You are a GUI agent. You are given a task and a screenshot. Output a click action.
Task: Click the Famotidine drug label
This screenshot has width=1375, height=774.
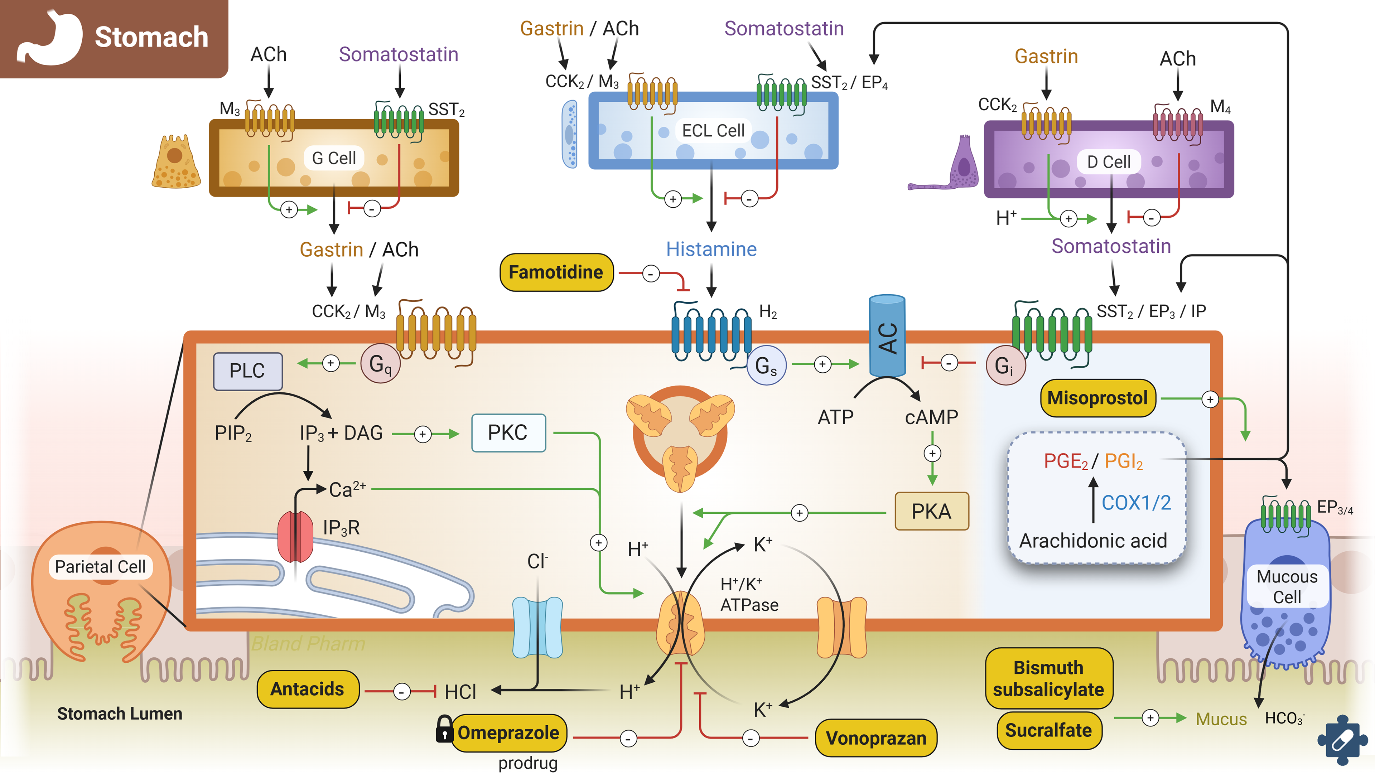[556, 272]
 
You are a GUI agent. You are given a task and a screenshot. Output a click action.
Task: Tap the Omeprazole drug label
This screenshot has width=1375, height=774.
[508, 733]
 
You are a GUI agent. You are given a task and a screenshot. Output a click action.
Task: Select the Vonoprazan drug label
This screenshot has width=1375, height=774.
[876, 738]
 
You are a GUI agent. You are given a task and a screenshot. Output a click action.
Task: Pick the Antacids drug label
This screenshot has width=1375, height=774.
[308, 689]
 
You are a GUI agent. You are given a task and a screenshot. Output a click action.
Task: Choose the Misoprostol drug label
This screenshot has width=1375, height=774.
[1097, 398]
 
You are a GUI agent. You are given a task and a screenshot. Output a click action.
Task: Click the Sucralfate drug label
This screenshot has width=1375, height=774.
[1048, 730]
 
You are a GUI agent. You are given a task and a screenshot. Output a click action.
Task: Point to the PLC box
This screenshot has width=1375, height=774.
[248, 371]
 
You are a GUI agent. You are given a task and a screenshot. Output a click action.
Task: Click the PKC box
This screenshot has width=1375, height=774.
[508, 433]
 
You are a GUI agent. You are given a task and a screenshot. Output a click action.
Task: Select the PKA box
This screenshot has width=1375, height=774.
[931, 511]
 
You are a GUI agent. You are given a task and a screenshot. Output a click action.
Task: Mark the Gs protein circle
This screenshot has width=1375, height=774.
[766, 366]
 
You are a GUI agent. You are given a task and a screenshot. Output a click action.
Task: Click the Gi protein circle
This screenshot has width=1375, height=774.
[1005, 366]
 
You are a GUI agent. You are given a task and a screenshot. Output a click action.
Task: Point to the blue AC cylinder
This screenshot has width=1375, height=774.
[887, 336]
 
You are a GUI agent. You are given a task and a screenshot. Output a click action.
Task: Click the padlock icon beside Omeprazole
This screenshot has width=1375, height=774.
[444, 729]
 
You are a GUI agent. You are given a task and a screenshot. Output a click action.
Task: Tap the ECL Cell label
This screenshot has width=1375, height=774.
[713, 131]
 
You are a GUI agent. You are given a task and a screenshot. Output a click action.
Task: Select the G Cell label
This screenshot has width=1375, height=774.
[334, 158]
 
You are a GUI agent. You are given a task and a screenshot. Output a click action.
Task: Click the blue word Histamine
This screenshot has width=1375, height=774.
[711, 249]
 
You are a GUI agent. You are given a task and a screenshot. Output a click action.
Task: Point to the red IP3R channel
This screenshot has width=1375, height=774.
[295, 536]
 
